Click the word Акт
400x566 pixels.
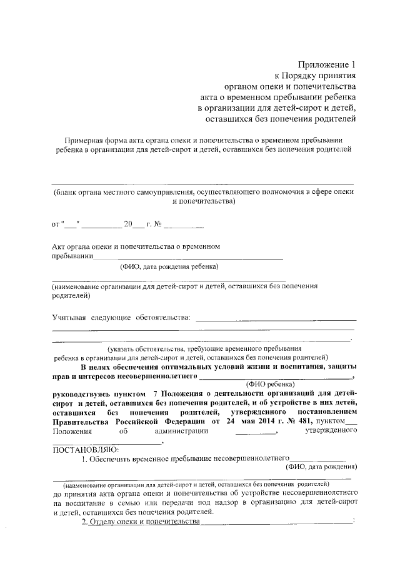(x=59, y=246)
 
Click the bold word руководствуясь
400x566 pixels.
(x=81, y=394)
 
